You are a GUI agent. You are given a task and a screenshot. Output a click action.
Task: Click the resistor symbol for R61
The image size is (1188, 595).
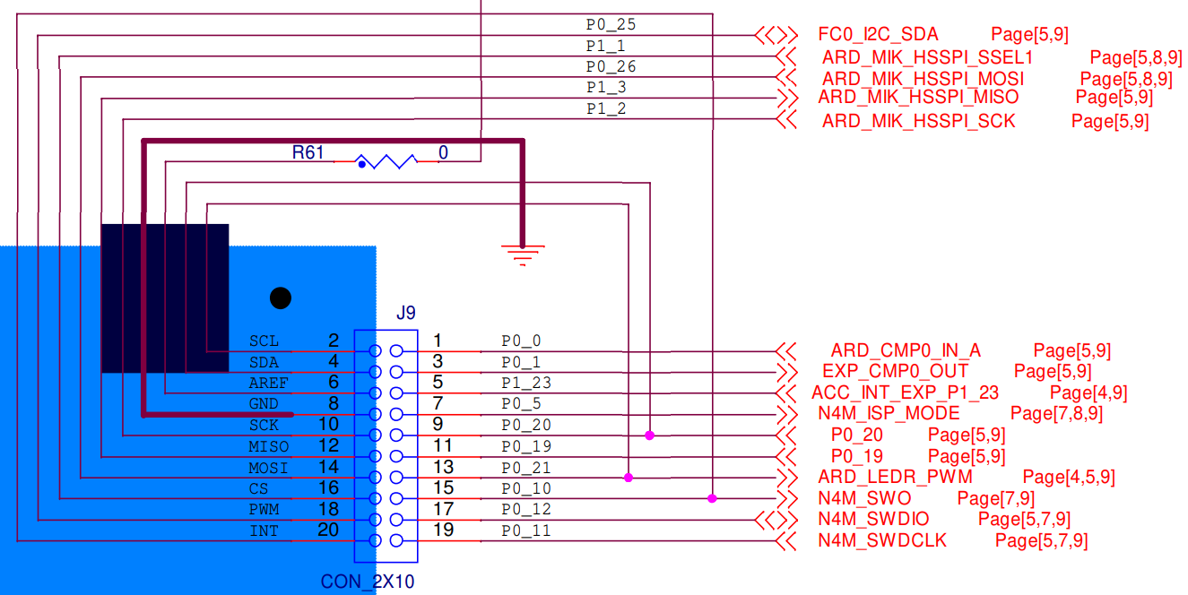click(387, 162)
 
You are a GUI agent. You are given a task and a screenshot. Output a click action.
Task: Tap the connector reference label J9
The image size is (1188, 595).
click(406, 313)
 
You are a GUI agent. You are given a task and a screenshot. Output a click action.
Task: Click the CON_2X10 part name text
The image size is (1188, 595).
click(368, 582)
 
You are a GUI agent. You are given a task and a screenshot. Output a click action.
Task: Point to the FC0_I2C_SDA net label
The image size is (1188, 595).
click(878, 35)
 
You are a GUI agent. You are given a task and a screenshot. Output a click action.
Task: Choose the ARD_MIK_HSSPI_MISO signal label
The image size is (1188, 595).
click(918, 97)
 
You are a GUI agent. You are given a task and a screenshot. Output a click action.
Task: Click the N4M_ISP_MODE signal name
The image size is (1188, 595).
click(889, 413)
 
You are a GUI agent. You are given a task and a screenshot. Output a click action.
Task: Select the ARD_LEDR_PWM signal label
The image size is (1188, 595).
click(895, 477)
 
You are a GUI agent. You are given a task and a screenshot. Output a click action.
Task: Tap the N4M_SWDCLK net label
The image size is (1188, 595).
click(882, 540)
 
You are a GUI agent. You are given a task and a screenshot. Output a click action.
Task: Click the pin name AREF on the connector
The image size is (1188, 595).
click(269, 384)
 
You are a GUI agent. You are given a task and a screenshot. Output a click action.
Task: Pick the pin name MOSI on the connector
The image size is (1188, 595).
click(268, 468)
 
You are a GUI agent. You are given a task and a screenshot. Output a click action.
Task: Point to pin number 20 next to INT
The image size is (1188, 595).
click(328, 530)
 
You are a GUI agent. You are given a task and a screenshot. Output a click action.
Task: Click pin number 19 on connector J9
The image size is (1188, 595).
click(443, 530)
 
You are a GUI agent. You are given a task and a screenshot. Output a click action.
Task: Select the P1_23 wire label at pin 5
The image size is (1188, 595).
click(525, 383)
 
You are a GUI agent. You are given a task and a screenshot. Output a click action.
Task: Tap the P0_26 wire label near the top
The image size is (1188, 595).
click(611, 66)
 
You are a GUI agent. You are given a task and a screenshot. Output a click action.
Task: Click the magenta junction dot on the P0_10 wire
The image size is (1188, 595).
click(712, 498)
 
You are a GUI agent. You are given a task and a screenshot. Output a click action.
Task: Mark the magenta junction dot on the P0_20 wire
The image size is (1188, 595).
click(649, 435)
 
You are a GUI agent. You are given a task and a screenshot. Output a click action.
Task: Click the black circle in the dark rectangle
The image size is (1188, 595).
click(281, 297)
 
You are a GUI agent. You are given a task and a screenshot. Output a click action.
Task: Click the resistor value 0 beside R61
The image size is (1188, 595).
click(443, 153)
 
